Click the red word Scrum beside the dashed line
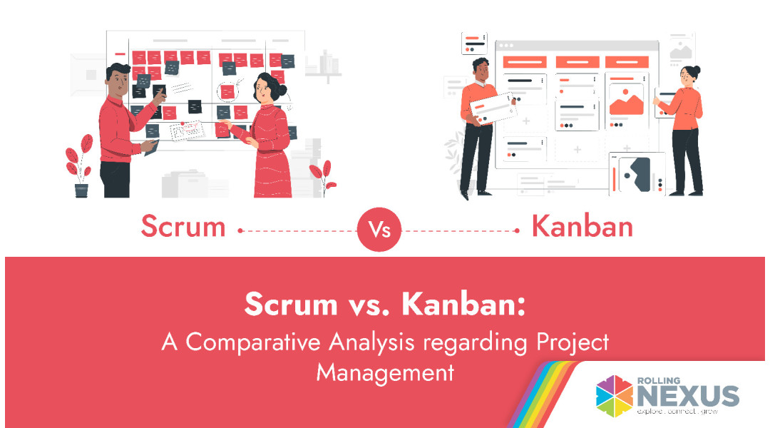click(183, 227)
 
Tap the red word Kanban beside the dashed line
click(582, 227)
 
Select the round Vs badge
click(379, 230)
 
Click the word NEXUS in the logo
click(688, 396)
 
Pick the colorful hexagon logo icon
click(615, 396)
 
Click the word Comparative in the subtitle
click(253, 342)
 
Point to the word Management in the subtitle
click(385, 373)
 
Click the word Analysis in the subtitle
click(371, 342)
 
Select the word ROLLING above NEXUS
click(659, 380)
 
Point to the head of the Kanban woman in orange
click(689, 74)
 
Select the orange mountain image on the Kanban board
click(626, 103)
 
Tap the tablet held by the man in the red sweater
click(151, 148)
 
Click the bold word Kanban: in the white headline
click(463, 304)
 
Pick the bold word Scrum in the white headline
click(291, 304)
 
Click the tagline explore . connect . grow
click(677, 411)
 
